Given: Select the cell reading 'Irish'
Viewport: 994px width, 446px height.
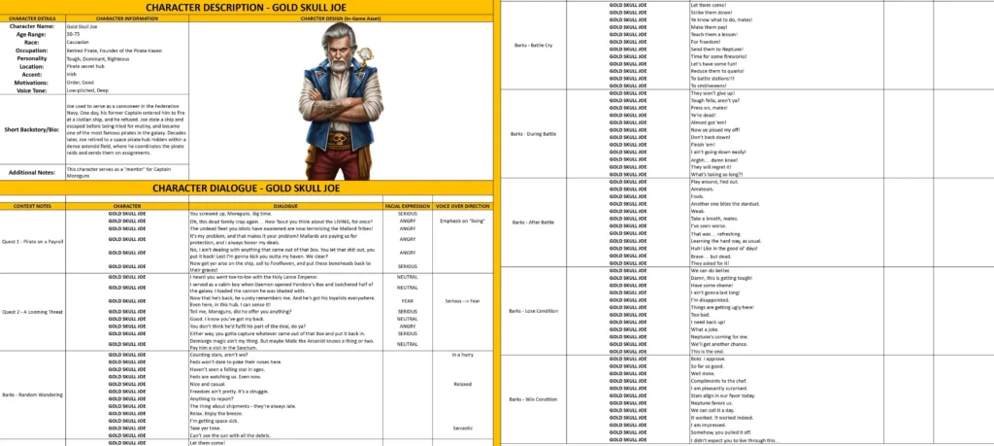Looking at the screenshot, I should pos(71,72).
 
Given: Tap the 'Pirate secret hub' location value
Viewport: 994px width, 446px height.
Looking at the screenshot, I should pos(85,65).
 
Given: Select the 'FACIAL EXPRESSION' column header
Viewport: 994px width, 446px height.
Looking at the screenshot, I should pos(407,206).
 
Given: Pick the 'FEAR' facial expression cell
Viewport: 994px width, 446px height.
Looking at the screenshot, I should pos(407,301).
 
